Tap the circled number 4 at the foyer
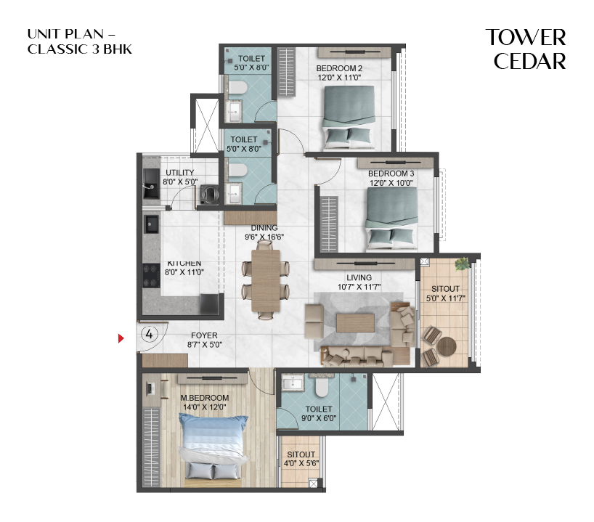pyautogui.click(x=148, y=335)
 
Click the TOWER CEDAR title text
pyautogui.click(x=526, y=49)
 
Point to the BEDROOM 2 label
pyautogui.click(x=338, y=69)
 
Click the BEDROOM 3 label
pyautogui.click(x=391, y=174)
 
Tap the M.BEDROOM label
pyautogui.click(x=205, y=398)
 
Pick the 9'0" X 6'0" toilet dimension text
pyautogui.click(x=319, y=419)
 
